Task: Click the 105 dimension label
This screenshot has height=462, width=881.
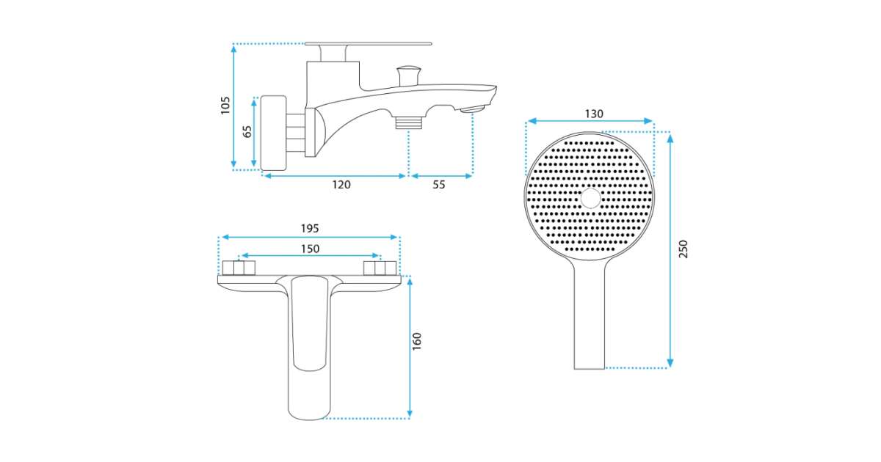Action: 225,106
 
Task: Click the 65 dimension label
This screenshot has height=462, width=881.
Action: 247,131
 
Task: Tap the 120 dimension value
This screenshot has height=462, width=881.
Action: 341,185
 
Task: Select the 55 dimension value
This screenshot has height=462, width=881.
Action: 438,185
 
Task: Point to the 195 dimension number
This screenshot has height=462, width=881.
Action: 310,228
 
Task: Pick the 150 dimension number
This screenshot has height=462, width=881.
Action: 310,249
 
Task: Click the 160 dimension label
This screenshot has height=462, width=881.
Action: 417,342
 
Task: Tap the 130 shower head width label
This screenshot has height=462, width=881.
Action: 593,114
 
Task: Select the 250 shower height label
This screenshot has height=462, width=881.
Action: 684,249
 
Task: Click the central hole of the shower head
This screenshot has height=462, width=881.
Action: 591,198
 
